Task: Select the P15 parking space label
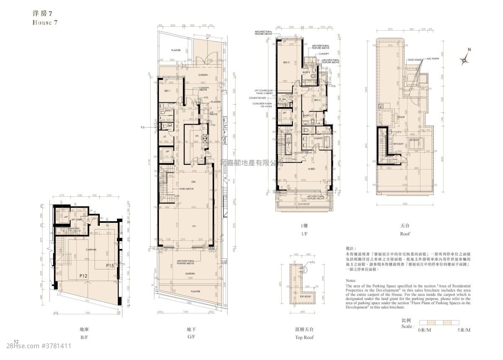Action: click(110, 265)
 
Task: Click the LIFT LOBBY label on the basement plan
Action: click(76, 219)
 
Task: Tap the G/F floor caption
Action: click(191, 337)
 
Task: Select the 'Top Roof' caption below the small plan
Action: click(304, 337)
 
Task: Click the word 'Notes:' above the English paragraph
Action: click(351, 280)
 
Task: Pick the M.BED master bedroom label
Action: click(311, 169)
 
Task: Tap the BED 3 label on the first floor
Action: click(286, 63)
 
